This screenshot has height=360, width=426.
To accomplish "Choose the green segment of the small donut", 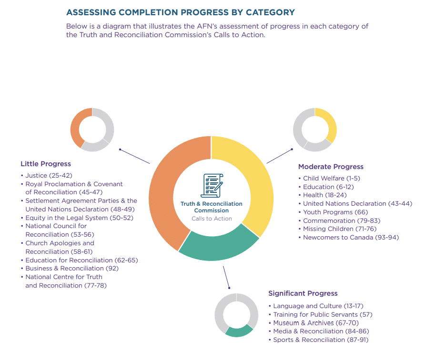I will click(238, 331).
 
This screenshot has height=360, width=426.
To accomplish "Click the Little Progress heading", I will click(46, 164).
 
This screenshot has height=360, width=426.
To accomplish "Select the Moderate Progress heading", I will click(331, 167).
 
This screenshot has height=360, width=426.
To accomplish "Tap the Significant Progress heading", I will click(303, 293).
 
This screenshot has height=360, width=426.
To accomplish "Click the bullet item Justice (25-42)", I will click(49, 175).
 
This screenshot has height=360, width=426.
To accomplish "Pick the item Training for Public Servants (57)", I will click(323, 314).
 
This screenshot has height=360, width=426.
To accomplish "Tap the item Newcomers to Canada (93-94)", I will click(351, 237).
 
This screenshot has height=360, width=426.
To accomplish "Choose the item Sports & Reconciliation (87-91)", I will click(321, 340).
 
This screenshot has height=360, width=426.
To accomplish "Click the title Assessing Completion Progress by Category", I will click(180, 12).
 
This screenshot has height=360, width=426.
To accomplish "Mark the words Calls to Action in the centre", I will click(212, 219).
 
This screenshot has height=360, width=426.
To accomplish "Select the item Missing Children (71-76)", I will click(339, 229).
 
